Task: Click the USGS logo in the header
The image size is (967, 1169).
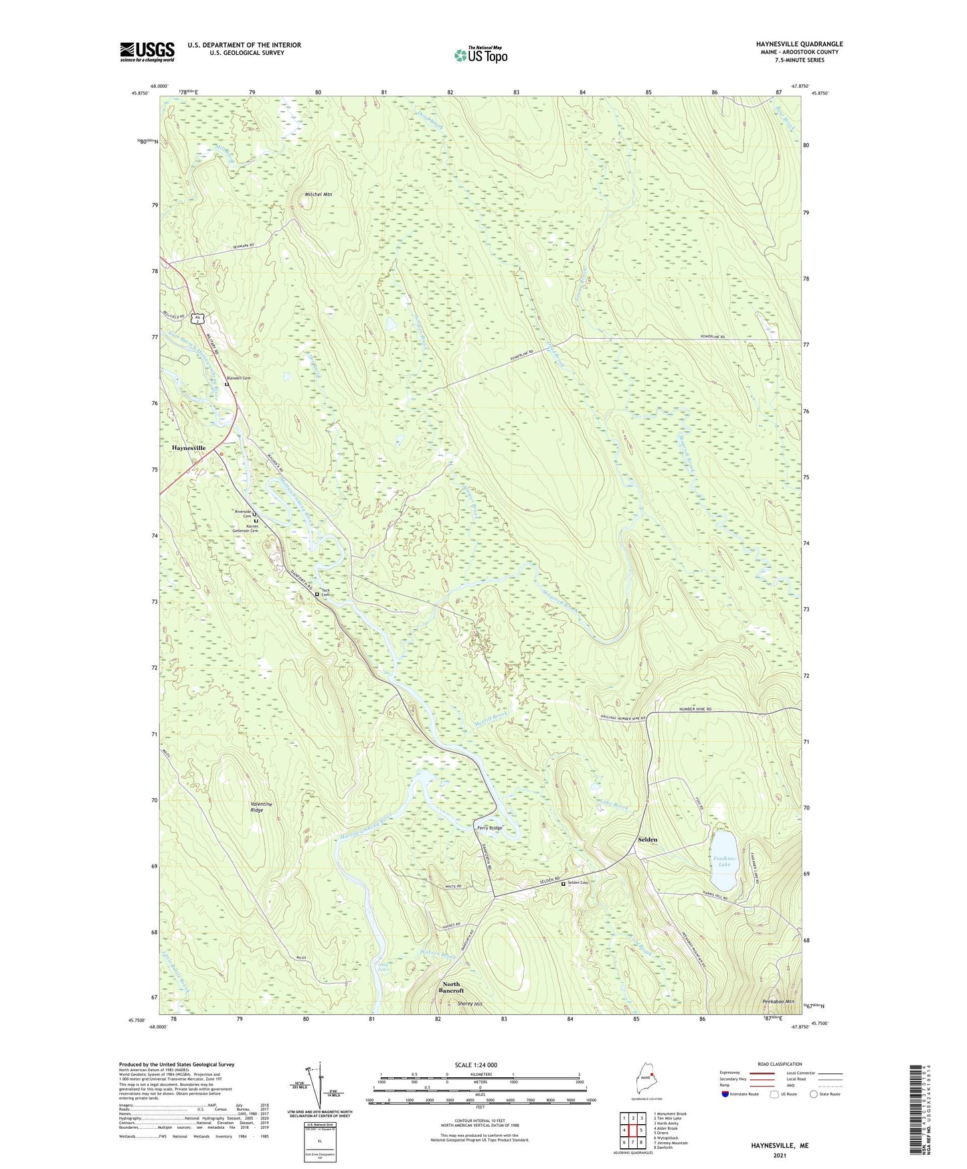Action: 147,52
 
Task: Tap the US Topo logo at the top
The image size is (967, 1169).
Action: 480,55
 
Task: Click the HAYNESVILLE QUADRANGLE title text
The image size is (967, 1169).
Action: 790,44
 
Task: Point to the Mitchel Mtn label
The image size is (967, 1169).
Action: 319,194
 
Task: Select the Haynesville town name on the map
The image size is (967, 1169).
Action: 189,447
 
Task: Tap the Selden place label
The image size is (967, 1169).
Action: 647,839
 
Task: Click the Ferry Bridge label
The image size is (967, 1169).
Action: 489,828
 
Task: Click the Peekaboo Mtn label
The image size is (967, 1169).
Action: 778,1002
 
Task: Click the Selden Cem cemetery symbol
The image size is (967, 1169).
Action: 563,883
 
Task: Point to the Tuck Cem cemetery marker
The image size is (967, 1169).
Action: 317,593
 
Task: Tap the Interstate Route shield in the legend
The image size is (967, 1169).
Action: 725,1094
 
